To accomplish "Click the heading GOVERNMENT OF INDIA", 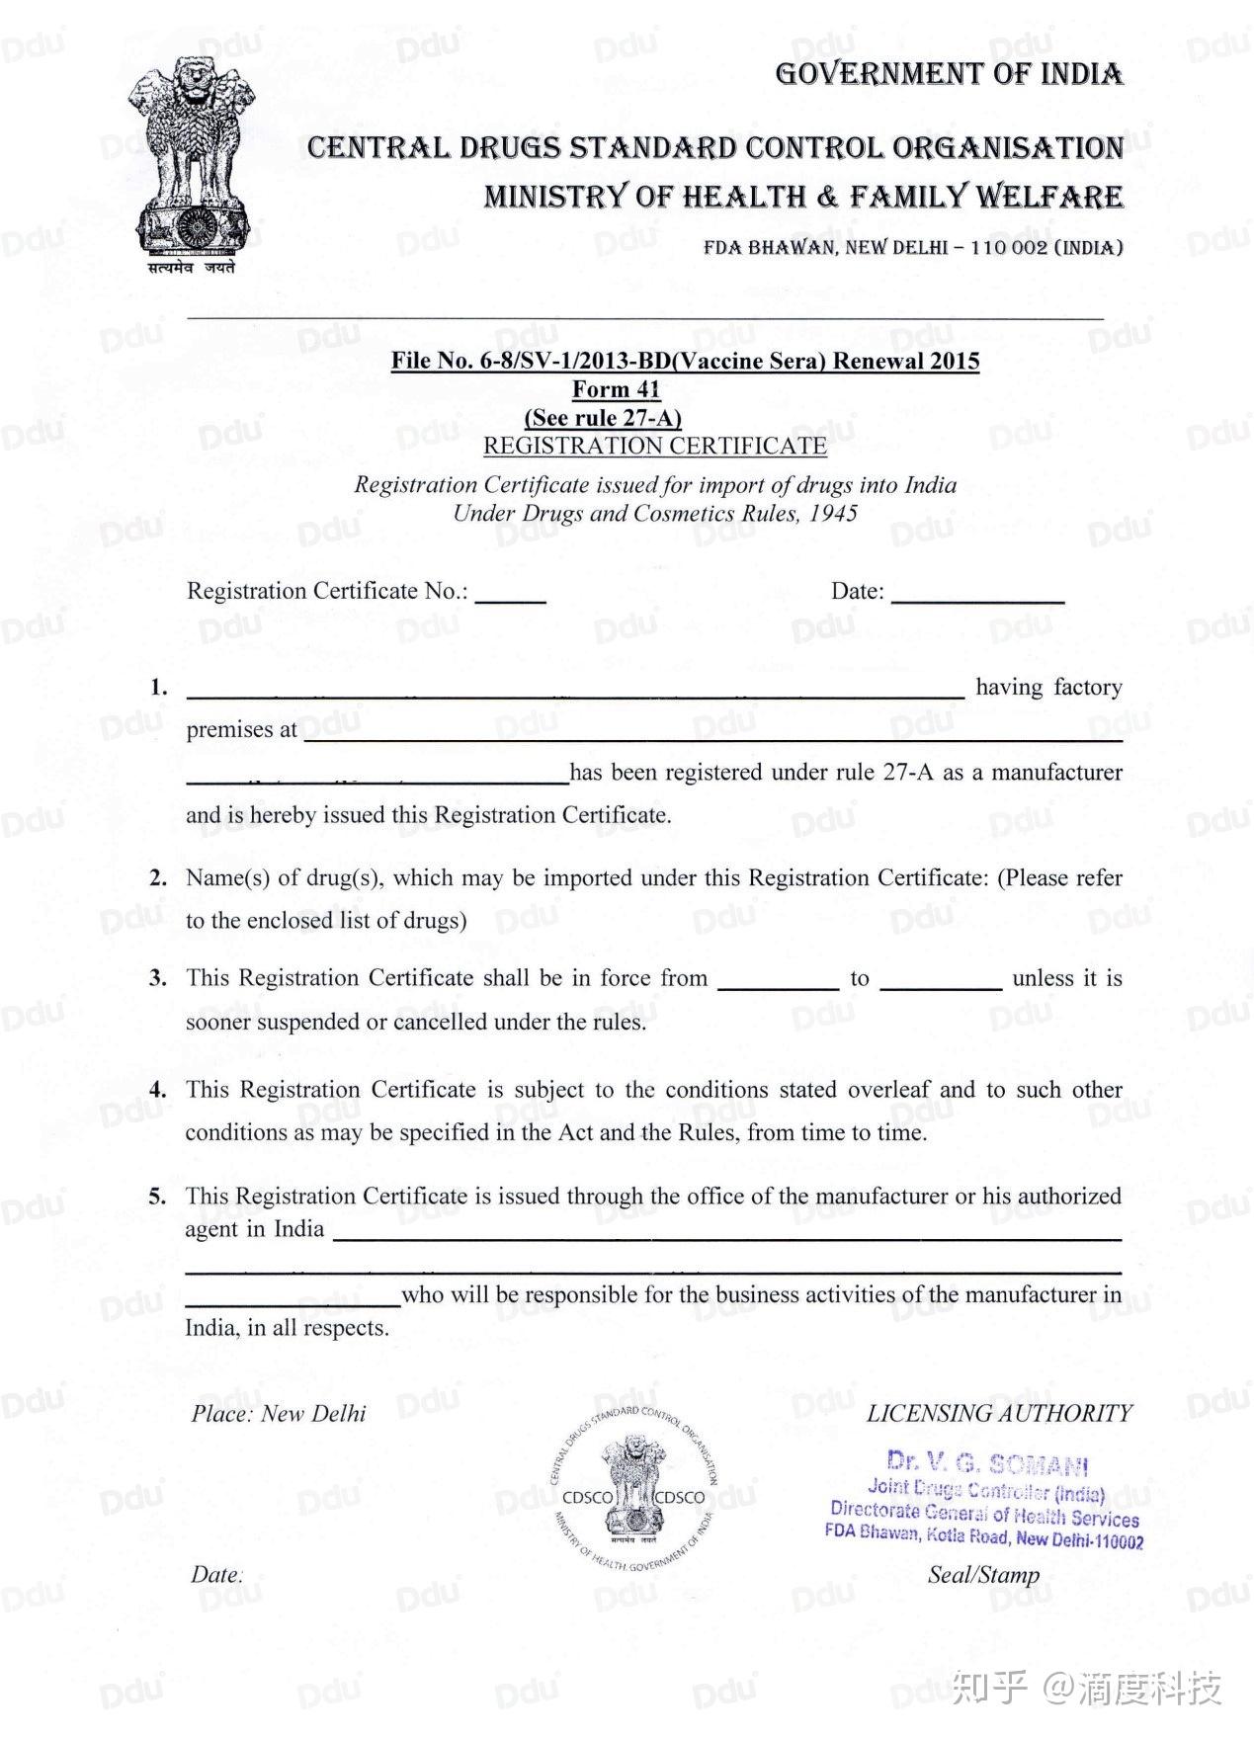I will point(949,74).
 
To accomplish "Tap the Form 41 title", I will point(616,389).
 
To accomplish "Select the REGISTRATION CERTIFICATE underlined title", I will point(654,447).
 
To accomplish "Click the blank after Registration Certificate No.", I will point(511,596).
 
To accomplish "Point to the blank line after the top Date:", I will point(977,596).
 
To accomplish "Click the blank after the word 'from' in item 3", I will point(778,983).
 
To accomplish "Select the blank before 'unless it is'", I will point(941,983).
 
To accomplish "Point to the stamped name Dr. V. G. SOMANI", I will point(987,1462).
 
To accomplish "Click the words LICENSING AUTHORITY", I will point(999,1414).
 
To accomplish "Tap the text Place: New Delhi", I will point(279,1414).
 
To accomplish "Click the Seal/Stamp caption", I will point(983,1576).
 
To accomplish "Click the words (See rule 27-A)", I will point(603,418).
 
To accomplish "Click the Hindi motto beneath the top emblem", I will point(192,268).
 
